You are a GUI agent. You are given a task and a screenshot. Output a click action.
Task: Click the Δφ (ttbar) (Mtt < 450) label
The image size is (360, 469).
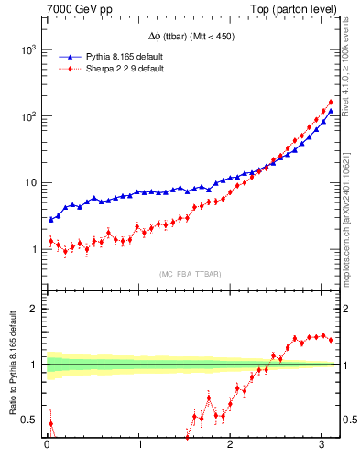(x=191, y=38)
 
